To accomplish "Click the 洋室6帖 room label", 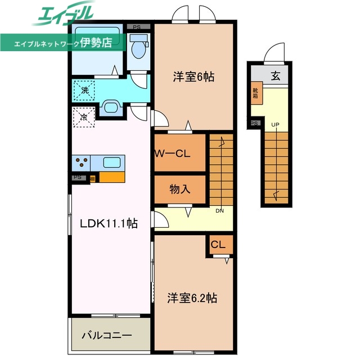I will tap(193, 78).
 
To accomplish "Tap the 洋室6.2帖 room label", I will tap(192, 298).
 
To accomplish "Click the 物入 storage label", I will tap(180, 189).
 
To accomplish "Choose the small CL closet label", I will tap(218, 245).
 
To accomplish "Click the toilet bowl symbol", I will tap(138, 48).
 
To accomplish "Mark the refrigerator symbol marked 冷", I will tap(83, 118).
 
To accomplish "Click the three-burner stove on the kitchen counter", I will tap(81, 163).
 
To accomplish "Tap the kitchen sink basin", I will tap(111, 163).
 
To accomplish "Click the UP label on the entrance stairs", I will tap(276, 124).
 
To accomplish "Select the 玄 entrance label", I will tap(276, 76).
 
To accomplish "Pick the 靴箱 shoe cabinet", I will tap(255, 93).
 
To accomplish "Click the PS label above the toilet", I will tap(137, 26).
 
